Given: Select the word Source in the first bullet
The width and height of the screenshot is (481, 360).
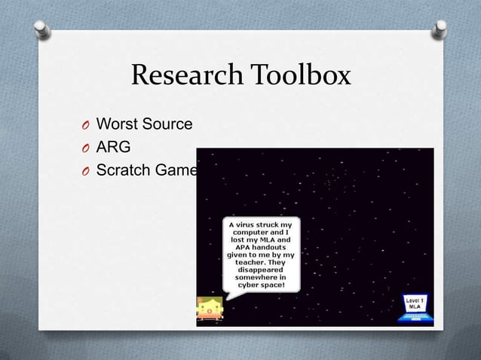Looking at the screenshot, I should point(167,124).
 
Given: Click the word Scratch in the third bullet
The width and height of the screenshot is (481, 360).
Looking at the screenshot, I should point(123,170).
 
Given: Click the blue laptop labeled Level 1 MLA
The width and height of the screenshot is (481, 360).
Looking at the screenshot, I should point(414,307).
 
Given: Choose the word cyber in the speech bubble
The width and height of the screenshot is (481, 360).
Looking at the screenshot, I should point(250,285).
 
